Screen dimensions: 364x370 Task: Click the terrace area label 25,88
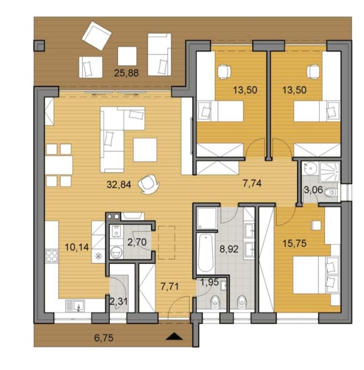point(126,73)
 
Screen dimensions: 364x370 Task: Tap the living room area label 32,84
point(119,184)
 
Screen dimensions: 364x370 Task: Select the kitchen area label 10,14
point(77,247)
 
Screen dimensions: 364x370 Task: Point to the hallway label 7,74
point(252,183)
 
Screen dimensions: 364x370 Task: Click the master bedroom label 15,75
point(295,244)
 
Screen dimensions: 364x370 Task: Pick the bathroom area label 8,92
point(229,249)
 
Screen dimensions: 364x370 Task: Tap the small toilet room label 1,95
point(210,282)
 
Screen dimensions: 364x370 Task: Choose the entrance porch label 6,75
point(104,338)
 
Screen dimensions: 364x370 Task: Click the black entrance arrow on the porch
point(174,336)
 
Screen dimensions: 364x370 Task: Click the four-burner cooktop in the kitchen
point(52,256)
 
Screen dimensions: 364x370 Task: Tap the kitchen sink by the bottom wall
point(75,306)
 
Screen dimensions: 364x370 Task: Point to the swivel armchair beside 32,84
point(149,184)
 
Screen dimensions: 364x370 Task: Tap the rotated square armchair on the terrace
point(97,36)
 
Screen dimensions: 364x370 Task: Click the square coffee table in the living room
point(145,150)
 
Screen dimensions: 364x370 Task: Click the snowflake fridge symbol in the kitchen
point(98,256)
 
